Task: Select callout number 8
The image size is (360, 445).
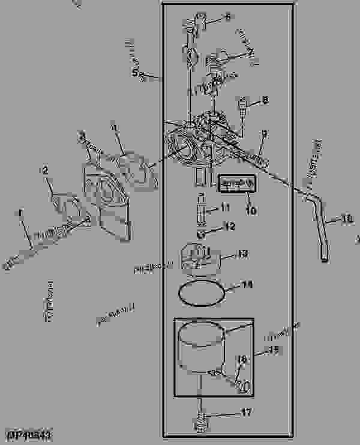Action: (x=265, y=101)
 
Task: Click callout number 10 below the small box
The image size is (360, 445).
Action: (x=251, y=211)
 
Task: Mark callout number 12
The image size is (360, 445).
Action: (x=230, y=227)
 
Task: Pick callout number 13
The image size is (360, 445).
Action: (x=242, y=255)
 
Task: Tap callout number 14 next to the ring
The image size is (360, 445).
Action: (x=247, y=286)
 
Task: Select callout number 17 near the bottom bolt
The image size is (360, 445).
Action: (x=247, y=413)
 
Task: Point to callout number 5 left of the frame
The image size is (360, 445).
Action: (x=136, y=73)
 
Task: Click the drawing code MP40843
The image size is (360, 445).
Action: (x=29, y=433)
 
